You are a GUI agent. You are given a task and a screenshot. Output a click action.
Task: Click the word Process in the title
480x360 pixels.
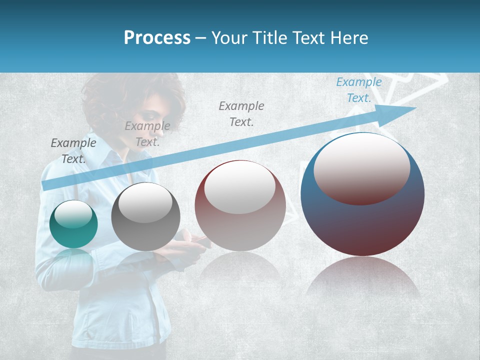[x=157, y=38]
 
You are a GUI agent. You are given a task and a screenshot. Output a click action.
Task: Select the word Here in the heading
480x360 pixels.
[x=348, y=38]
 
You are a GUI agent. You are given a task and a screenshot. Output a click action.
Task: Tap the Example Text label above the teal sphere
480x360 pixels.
[x=73, y=150]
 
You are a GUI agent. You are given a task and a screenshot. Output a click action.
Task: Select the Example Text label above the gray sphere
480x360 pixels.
[x=147, y=133]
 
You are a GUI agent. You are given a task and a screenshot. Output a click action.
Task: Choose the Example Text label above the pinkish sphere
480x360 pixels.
[x=241, y=113]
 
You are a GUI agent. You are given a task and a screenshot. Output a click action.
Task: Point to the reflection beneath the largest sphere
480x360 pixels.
[x=362, y=277]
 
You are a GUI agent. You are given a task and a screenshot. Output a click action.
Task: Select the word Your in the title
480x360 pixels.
[x=229, y=38]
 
